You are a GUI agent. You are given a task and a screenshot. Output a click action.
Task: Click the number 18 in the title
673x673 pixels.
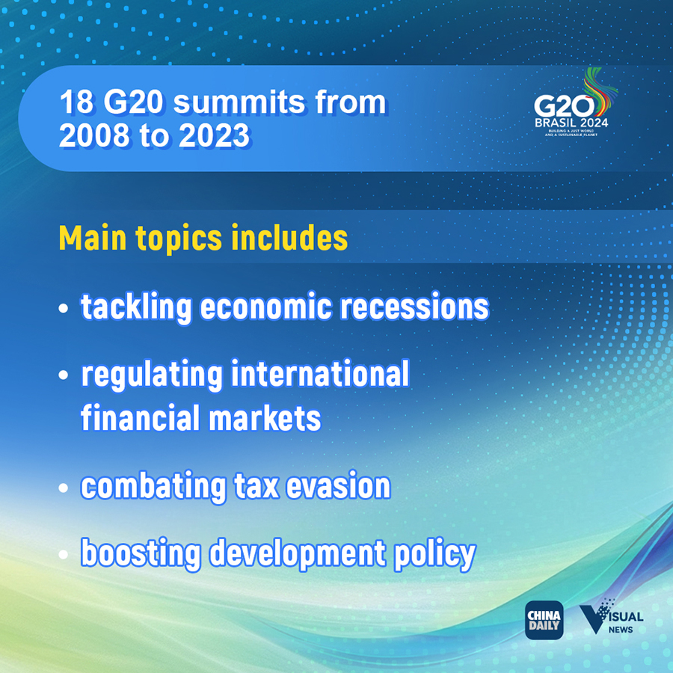(76, 102)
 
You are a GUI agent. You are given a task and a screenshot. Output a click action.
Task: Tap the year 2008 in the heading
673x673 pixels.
(94, 135)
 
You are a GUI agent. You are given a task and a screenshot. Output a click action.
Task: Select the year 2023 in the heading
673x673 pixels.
(214, 135)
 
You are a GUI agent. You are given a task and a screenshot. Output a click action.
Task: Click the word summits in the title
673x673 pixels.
(239, 102)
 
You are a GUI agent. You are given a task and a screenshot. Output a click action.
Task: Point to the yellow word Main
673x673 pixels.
(93, 238)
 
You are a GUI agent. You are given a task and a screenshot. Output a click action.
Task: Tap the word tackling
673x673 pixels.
(136, 307)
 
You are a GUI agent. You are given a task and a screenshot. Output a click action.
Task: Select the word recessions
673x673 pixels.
(414, 307)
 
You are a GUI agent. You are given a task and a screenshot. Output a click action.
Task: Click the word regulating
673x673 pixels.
(152, 375)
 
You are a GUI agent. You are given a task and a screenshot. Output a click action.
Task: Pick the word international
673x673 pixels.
(320, 373)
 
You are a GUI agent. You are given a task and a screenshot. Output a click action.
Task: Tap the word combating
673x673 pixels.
(153, 486)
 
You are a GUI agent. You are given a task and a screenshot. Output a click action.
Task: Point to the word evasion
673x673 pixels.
(338, 486)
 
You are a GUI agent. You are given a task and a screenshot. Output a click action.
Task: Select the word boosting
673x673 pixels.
(141, 553)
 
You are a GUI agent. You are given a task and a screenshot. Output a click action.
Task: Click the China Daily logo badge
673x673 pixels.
(544, 620)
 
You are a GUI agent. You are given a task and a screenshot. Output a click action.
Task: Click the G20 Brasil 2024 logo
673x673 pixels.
(575, 103)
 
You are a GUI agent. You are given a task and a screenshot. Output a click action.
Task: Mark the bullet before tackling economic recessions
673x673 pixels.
(64, 308)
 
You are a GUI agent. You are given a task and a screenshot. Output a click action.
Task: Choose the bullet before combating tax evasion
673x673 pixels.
(64, 488)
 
